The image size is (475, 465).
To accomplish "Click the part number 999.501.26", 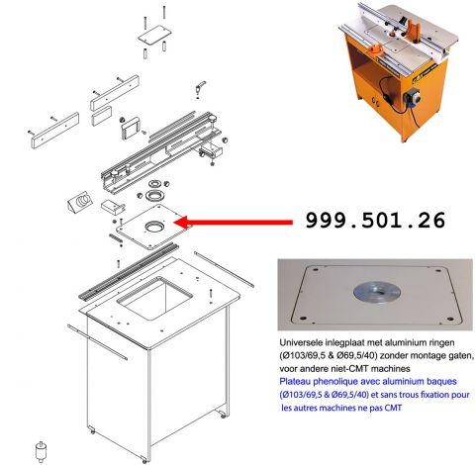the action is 375,221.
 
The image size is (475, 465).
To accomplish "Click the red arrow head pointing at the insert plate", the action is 181,223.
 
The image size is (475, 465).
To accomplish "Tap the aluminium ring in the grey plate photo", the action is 377,293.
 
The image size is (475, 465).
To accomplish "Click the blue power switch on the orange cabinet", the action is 412,97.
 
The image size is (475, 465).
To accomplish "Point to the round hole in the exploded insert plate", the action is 154,227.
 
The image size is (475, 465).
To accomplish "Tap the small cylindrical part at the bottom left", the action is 41,451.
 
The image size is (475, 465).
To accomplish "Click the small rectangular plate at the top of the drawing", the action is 154,34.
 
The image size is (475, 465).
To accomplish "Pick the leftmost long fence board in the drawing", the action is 55,131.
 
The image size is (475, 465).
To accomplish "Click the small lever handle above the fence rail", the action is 200,87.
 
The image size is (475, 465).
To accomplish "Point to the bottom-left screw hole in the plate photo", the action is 303,319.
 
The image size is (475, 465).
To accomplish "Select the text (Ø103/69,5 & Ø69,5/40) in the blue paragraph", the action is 324,395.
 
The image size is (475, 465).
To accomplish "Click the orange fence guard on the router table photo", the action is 412,29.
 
